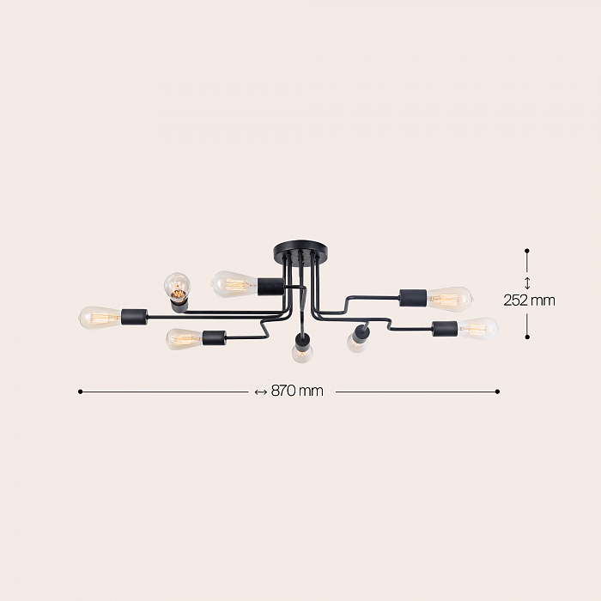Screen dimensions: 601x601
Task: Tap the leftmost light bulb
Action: coord(100,319)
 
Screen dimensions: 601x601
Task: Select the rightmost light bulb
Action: coord(477,329)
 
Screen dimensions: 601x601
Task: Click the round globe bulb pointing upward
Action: coord(178,285)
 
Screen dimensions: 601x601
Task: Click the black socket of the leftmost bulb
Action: coord(135,318)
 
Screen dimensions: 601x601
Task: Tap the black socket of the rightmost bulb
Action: coord(445,329)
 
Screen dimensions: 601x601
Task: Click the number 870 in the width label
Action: coord(283,391)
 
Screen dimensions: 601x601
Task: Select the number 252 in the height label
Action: coord(515,300)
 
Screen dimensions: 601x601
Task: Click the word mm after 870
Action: coord(311,392)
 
